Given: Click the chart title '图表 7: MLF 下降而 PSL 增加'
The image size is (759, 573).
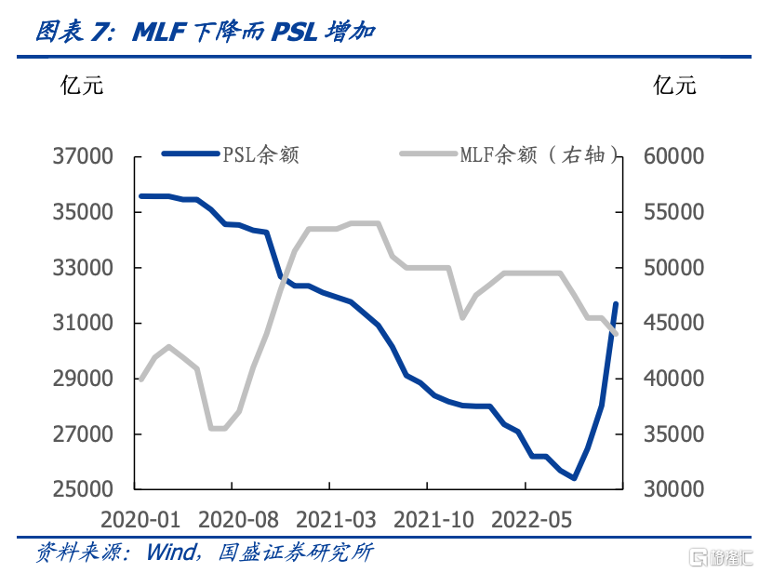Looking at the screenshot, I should point(206,33).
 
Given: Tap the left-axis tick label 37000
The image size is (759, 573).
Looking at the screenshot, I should point(82,157).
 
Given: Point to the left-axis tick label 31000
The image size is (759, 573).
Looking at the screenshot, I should point(82,324).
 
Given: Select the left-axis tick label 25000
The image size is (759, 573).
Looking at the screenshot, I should point(82,490).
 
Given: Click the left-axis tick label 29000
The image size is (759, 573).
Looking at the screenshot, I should point(82,380).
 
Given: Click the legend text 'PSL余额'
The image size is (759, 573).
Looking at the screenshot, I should point(260,155).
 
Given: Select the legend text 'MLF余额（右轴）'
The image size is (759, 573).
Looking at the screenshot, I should point(539,155).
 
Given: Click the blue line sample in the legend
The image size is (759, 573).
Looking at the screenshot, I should point(191,154).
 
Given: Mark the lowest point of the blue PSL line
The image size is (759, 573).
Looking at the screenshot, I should point(575,478).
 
